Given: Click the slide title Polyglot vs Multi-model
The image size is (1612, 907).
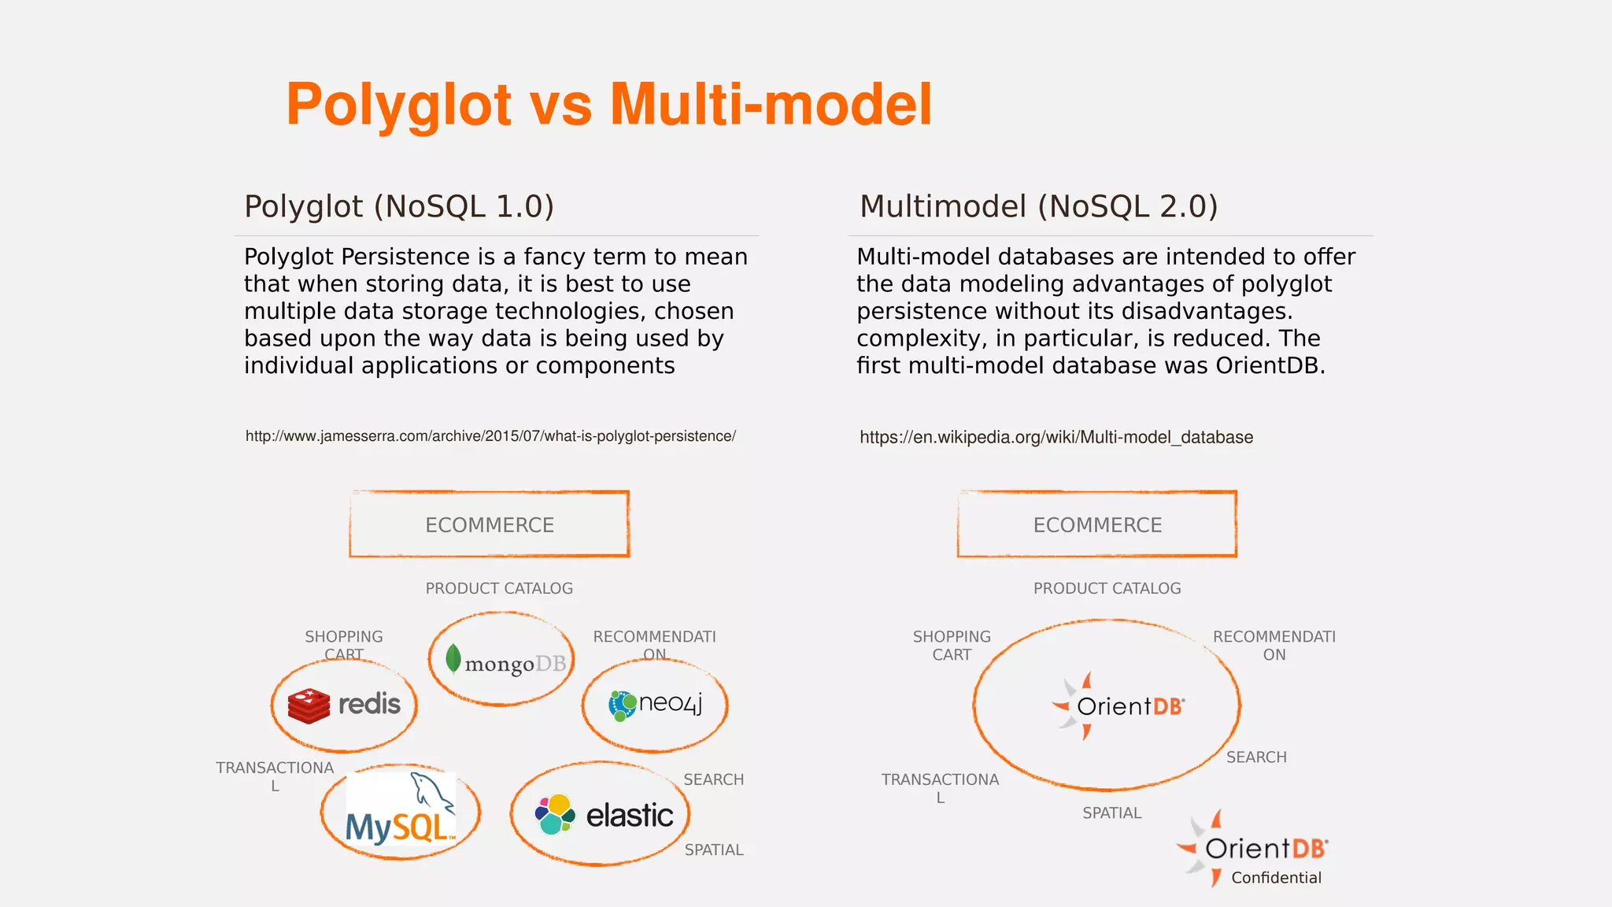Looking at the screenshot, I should click(x=608, y=105).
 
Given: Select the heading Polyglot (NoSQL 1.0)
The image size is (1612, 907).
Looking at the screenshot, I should click(x=399, y=206).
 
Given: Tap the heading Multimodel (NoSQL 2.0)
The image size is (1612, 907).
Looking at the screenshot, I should click(x=1038, y=206).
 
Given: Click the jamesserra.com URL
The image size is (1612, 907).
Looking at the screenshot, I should click(x=490, y=436).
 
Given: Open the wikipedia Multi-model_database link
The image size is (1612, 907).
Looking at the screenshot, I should click(x=1056, y=437).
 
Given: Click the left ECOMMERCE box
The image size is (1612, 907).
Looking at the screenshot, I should click(x=489, y=524).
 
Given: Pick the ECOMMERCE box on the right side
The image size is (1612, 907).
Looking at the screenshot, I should click(x=1096, y=524).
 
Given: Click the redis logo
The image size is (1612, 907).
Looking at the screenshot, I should click(x=345, y=704).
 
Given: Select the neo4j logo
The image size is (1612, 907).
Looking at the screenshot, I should click(x=655, y=704).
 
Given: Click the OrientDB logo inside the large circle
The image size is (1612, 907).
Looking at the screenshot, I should click(x=1118, y=705).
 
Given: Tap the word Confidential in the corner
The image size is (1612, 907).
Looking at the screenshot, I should click(x=1276, y=878).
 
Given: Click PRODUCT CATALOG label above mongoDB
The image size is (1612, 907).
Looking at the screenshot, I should click(x=499, y=588).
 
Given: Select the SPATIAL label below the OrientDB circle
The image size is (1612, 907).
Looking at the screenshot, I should click(x=1111, y=813).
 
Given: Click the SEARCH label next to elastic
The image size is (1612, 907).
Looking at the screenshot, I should click(x=713, y=779).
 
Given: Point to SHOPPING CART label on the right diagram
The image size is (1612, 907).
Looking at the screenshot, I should click(x=952, y=646).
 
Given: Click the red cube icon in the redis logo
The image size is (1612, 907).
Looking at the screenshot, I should click(x=309, y=705).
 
